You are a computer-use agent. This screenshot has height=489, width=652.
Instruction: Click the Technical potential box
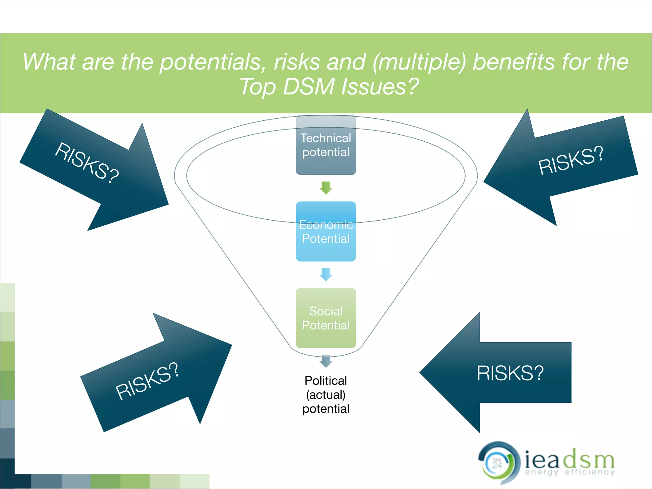pos(326,145)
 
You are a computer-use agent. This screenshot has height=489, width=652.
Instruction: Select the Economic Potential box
pos(326,231)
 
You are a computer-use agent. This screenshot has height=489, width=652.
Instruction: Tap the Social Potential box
pos(326,318)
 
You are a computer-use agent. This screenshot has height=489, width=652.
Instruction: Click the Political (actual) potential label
pos(326,394)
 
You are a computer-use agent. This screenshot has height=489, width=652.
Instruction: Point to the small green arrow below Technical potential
pos(326,188)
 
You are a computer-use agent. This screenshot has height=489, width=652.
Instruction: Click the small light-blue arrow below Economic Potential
pos(326,274)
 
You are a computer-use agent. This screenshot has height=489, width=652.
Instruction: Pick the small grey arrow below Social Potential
pos(326,361)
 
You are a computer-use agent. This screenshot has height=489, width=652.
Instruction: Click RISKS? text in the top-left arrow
pos(87,163)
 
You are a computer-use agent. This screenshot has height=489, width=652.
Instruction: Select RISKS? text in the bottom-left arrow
pos(147,381)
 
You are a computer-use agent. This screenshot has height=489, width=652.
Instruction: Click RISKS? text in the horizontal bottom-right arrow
pos(510,373)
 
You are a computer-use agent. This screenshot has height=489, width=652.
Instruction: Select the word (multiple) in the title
pos(419,62)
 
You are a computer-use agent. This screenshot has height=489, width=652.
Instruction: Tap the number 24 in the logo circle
pos(497,465)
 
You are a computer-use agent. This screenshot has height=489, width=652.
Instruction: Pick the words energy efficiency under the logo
pos(570,472)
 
